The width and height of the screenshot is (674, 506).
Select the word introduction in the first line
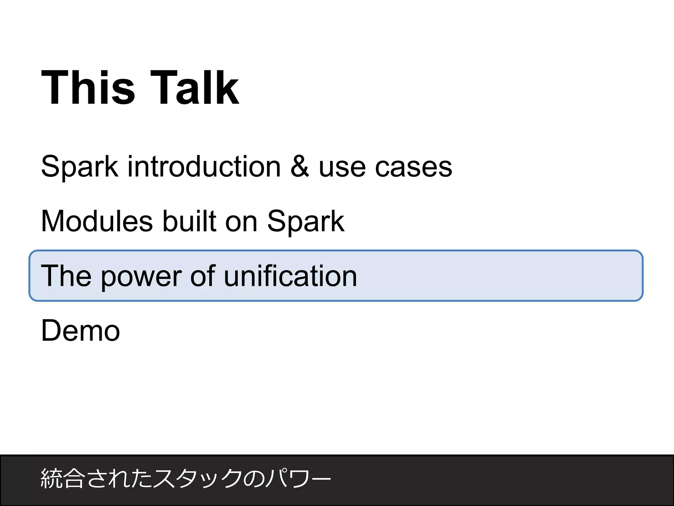204,167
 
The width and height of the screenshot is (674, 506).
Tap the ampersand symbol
300,167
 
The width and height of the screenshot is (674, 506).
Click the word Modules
97,221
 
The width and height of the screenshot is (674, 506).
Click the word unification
290,276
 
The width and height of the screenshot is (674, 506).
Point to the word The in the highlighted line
66,276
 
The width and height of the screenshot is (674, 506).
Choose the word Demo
81,331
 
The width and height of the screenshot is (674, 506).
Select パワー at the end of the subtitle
298,479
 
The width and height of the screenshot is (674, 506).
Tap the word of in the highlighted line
202,276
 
